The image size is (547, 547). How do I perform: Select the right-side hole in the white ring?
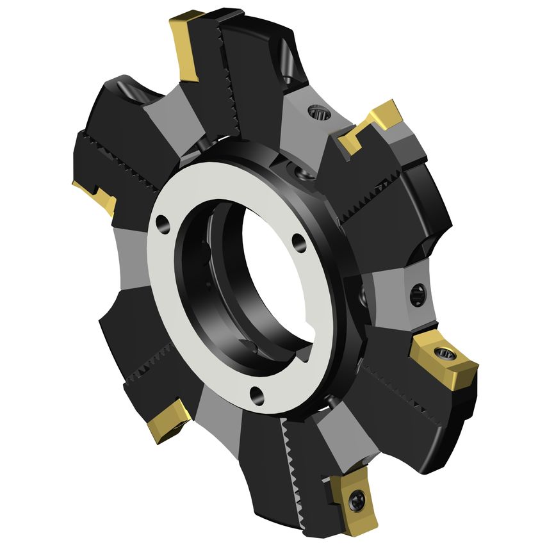point(298,243)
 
